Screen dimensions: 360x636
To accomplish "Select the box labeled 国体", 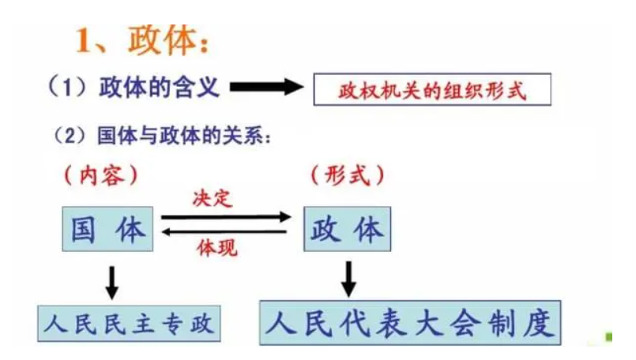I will click(x=109, y=229).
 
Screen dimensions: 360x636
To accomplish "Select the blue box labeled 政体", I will click(x=348, y=229).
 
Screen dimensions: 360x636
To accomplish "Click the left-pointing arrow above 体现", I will click(x=225, y=231).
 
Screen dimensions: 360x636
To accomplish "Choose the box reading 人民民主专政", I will click(x=130, y=324).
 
